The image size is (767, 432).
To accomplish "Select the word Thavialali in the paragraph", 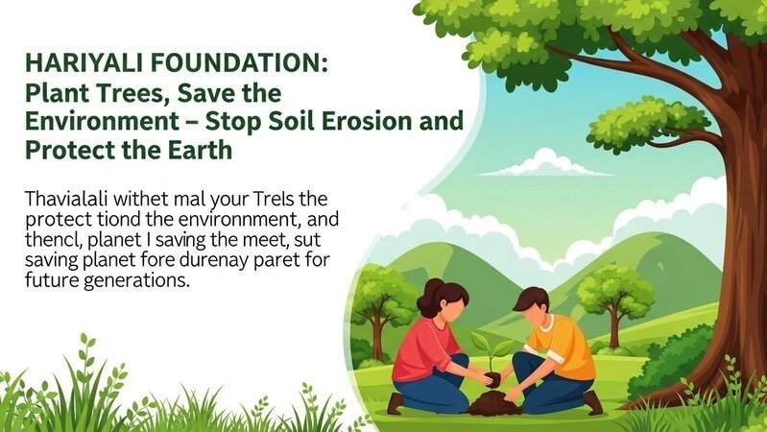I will click(65, 200).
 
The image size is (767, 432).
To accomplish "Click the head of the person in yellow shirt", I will click(533, 305).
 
